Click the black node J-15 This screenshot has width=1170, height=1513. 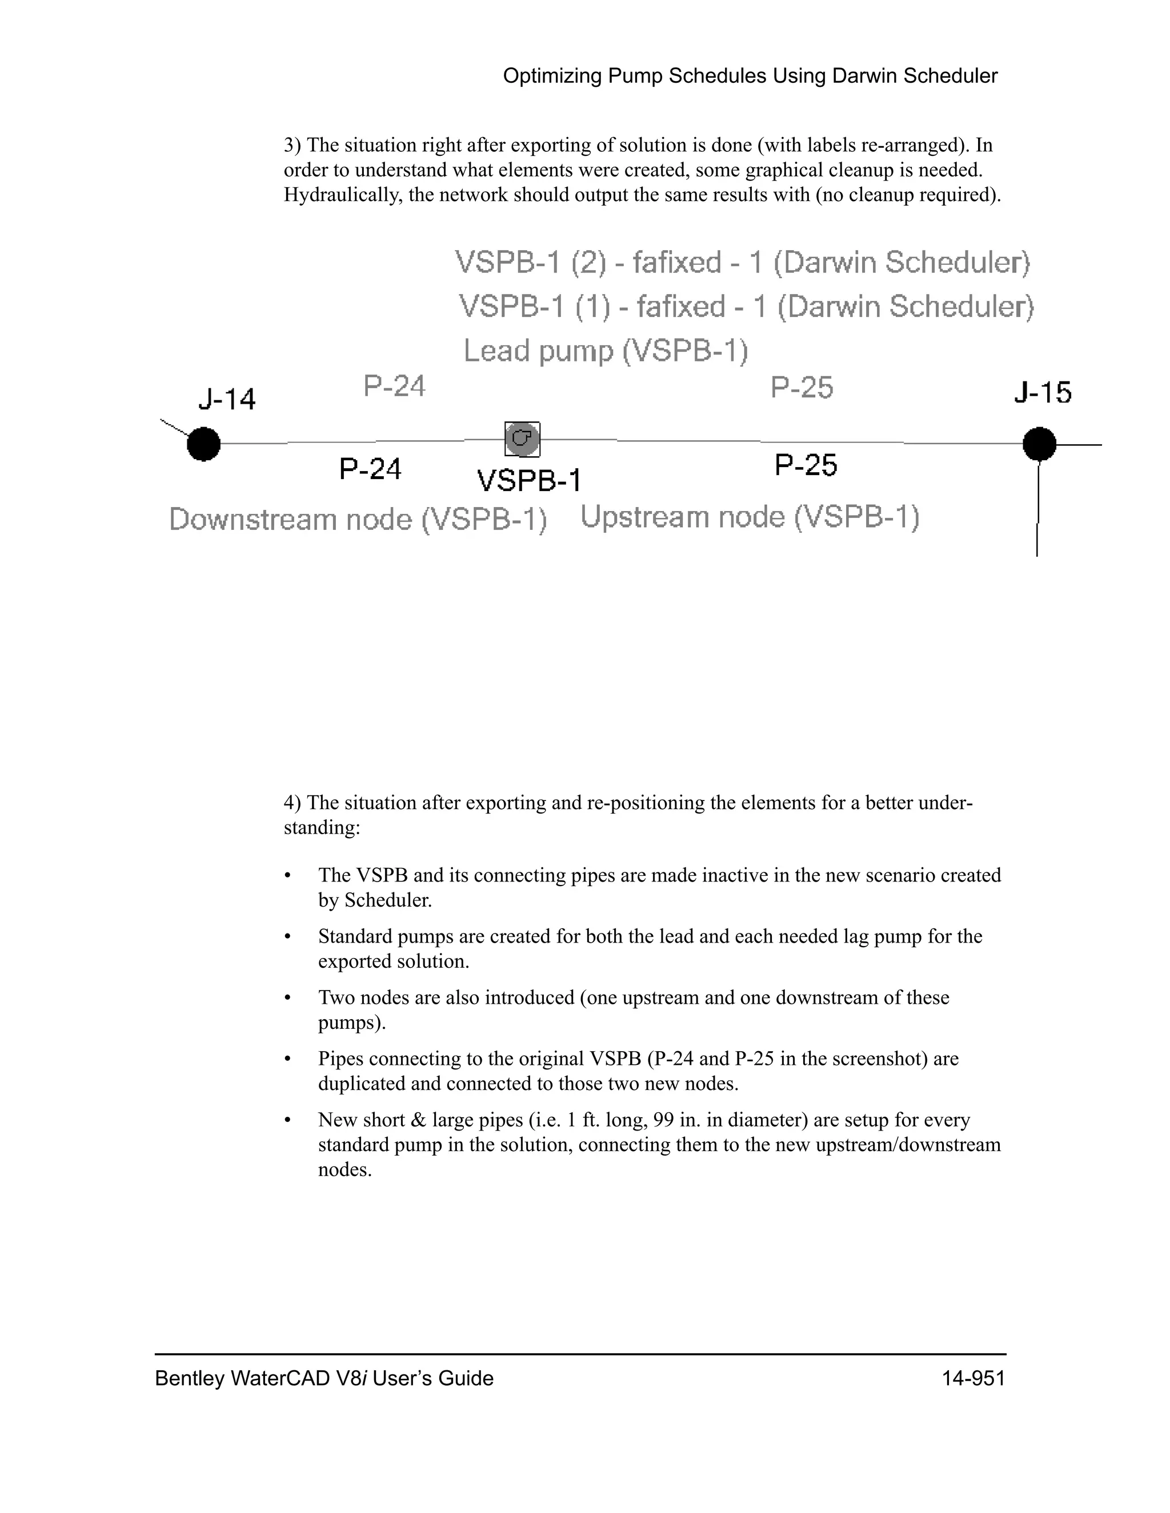point(1039,444)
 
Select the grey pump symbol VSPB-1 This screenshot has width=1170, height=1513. point(522,439)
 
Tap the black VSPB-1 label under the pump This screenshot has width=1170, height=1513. point(530,480)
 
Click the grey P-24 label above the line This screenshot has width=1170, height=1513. point(394,386)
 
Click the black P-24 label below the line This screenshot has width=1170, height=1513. point(370,469)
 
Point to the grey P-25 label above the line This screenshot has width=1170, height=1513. point(802,387)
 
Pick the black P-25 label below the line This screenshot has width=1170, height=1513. point(806,465)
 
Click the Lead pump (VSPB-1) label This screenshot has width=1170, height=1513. point(606,351)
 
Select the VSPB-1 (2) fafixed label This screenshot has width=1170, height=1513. point(742,263)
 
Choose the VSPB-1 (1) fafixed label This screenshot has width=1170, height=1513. point(746,306)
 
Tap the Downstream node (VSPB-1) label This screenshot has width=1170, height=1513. point(358,520)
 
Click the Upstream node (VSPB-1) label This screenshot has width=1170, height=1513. point(750,517)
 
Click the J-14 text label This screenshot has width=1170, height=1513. point(227,399)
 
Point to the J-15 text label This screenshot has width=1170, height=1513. point(1043,393)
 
